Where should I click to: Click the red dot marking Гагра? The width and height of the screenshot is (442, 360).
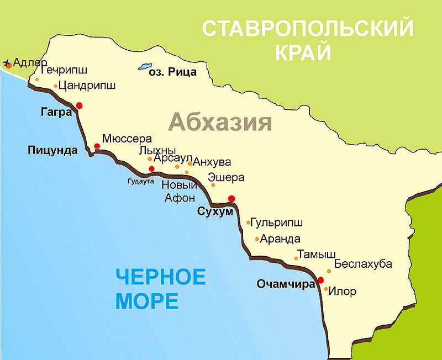point(80,105)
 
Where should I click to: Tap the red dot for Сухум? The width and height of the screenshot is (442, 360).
point(231,199)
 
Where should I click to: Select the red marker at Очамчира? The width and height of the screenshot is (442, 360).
point(321,280)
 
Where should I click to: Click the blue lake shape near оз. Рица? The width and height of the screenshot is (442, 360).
point(145,66)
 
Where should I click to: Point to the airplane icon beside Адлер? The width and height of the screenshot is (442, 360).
point(7,63)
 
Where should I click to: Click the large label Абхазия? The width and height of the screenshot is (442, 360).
point(220,122)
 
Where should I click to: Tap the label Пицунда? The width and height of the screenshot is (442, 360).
point(53,150)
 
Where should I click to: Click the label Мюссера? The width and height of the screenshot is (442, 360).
point(127,140)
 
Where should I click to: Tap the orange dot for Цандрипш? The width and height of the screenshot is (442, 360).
point(56,86)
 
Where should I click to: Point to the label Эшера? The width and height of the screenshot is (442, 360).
point(226,177)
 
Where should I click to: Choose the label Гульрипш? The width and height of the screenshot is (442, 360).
point(277,223)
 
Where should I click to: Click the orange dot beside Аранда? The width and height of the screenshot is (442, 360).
point(257,239)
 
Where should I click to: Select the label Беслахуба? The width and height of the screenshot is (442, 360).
point(363,264)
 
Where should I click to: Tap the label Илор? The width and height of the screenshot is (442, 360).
point(342,291)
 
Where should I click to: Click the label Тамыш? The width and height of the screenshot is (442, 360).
point(316,255)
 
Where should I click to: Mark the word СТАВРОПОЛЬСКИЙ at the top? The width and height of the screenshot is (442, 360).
point(307,28)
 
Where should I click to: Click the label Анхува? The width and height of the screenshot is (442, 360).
point(212,162)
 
